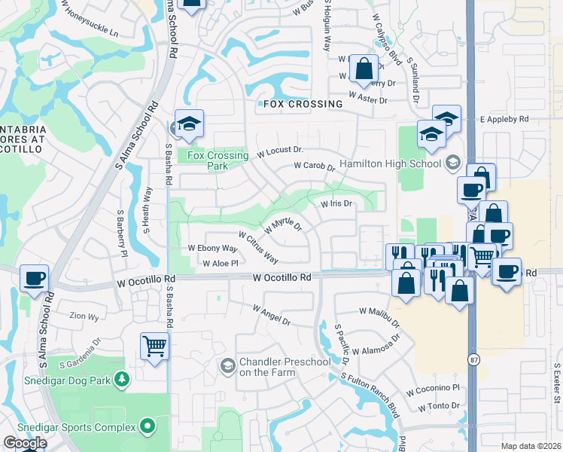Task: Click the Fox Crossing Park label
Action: [218, 160]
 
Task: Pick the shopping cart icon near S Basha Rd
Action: [154, 347]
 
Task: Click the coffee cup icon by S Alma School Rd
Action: [35, 278]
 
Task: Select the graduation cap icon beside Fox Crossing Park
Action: [188, 124]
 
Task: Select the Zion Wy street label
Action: [84, 317]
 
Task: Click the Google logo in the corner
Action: [24, 443]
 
